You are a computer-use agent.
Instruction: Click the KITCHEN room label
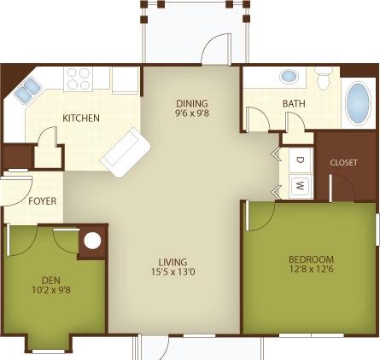(81, 118)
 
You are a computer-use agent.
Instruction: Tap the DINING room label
(192, 103)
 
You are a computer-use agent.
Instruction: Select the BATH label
(294, 103)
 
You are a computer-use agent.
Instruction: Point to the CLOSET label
(343, 163)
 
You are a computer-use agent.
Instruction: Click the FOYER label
(43, 201)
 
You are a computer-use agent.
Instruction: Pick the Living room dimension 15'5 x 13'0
(173, 272)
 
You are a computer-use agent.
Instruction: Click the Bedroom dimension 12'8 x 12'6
(311, 269)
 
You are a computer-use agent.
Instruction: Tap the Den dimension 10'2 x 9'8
(51, 290)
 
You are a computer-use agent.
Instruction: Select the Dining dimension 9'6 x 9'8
(192, 113)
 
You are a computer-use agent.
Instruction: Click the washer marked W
(301, 186)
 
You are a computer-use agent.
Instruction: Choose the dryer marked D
(301, 160)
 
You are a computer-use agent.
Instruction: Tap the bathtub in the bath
(358, 103)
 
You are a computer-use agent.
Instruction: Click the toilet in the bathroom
(324, 78)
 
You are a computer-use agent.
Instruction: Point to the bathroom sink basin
(289, 77)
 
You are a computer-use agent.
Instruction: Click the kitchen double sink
(27, 90)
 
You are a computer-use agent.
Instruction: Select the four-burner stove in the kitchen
(78, 79)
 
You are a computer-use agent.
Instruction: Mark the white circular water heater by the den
(92, 241)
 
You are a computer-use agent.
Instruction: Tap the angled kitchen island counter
(125, 152)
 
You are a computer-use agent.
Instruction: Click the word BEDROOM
(311, 259)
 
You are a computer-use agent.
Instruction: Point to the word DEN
(51, 281)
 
